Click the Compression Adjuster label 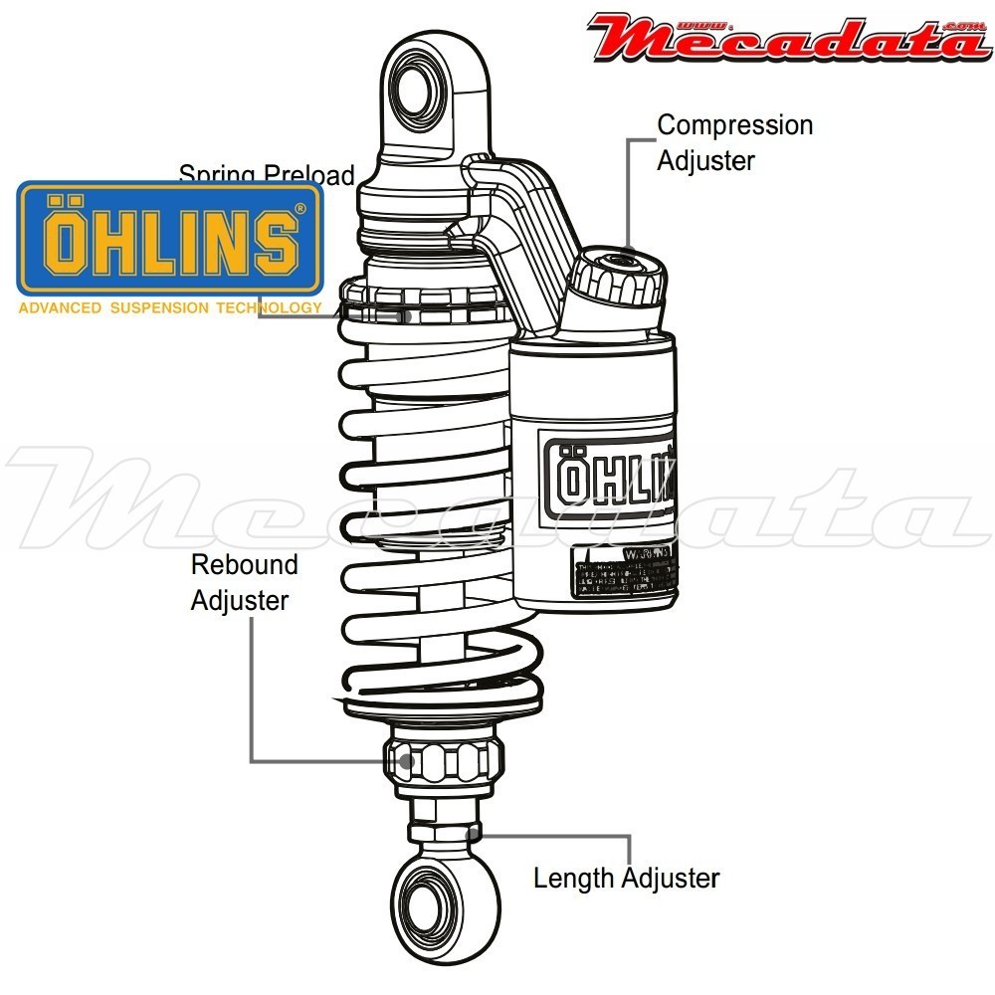734,142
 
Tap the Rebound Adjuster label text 244,582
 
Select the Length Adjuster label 626,879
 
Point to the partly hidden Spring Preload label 267,175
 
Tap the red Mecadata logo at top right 786,38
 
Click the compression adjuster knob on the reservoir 619,274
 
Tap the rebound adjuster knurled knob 442,761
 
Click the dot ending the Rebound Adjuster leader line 406,762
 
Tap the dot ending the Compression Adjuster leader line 628,251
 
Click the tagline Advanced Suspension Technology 169,308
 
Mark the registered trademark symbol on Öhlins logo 300,209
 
